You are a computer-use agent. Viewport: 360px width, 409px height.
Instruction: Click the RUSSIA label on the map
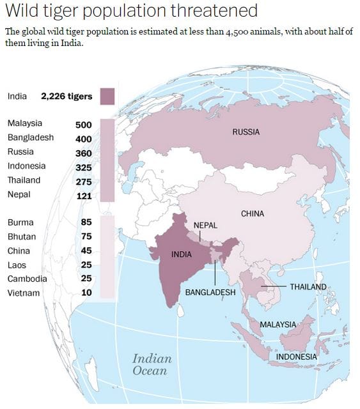pyautogui.click(x=246, y=132)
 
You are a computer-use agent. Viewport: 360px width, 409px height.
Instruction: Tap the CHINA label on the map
pyautogui.click(x=253, y=214)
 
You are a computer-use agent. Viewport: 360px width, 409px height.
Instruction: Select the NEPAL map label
pyautogui.click(x=205, y=226)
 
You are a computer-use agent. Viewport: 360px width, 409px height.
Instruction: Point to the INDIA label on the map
pyautogui.click(x=182, y=254)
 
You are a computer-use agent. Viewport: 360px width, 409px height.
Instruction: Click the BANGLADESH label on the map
pyautogui.click(x=210, y=292)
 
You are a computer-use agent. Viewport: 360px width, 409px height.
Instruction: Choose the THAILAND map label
pyautogui.click(x=308, y=287)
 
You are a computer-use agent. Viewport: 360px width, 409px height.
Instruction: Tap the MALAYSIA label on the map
pyautogui.click(x=278, y=325)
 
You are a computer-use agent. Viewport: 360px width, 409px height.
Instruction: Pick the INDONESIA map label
pyautogui.click(x=296, y=357)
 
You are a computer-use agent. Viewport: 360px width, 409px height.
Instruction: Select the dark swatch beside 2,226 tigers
pyautogui.click(x=107, y=96)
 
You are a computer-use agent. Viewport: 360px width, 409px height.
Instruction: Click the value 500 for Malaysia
pyautogui.click(x=84, y=125)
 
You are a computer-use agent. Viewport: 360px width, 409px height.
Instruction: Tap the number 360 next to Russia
pyautogui.click(x=84, y=153)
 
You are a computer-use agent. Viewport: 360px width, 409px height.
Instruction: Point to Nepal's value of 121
pyautogui.click(x=84, y=196)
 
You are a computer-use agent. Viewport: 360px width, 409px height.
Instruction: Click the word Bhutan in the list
pyautogui.click(x=22, y=236)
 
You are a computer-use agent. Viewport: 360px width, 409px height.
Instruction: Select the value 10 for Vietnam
pyautogui.click(x=86, y=293)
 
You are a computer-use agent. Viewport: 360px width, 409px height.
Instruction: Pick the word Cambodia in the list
pyautogui.click(x=27, y=279)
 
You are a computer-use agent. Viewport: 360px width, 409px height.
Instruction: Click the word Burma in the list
pyautogui.click(x=20, y=222)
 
